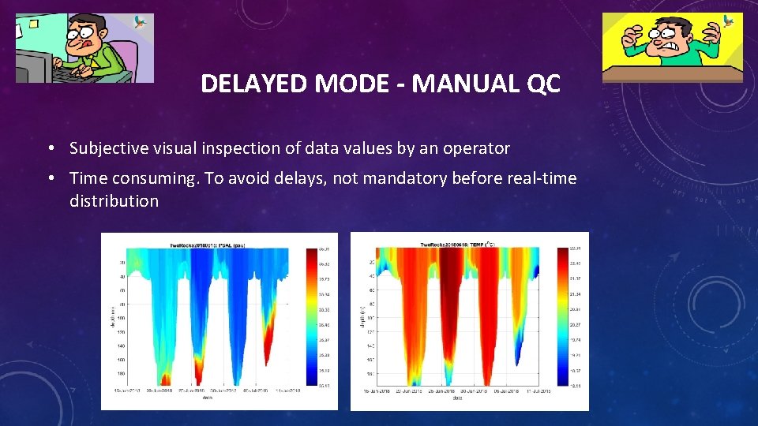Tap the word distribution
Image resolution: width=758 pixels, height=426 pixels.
(114, 201)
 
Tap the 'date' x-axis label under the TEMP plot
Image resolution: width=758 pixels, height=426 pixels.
(458, 398)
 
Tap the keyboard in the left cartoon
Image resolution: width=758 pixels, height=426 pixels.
(75, 74)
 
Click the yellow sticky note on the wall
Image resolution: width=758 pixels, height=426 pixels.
(28, 27)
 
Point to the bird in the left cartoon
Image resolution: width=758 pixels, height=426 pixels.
(141, 22)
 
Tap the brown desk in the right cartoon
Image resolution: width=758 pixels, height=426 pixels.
(672, 75)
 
